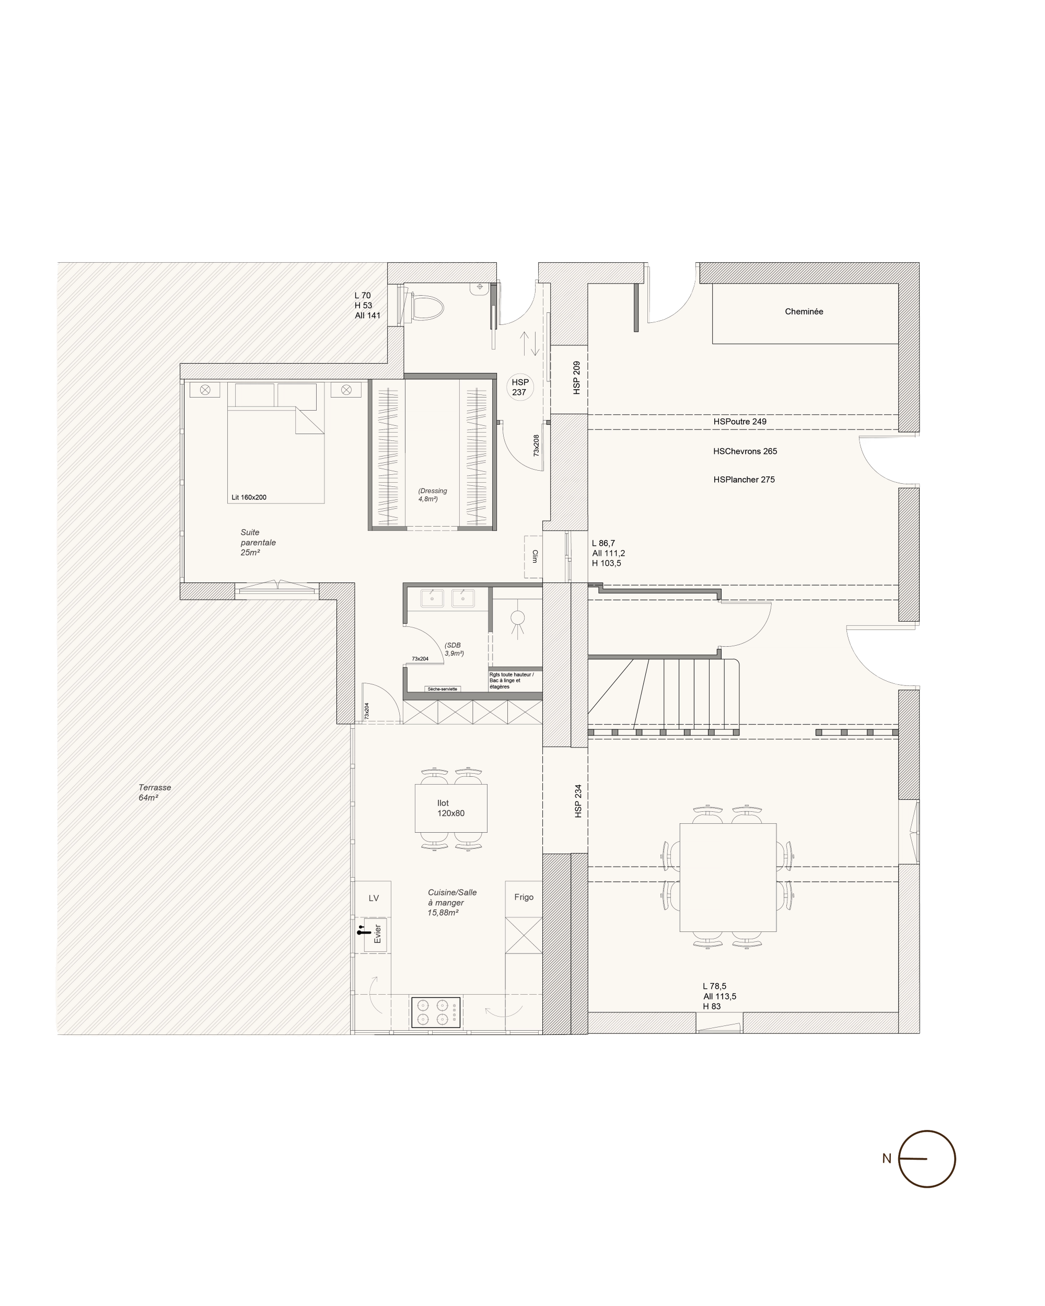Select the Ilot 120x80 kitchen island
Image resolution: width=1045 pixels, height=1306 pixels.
[451, 808]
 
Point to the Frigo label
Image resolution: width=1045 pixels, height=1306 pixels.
[524, 896]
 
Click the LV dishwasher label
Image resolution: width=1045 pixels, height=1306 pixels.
[374, 897]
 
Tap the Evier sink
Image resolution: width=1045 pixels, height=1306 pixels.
[375, 934]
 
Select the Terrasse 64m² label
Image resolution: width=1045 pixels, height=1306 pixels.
[155, 792]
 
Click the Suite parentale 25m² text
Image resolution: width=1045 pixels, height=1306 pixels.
[258, 542]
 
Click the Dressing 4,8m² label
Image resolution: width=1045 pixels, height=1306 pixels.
[433, 495]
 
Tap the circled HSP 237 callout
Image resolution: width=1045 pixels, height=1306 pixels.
[520, 387]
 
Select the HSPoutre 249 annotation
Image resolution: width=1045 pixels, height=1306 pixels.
[740, 421]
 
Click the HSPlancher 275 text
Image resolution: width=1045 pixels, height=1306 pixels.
[744, 479]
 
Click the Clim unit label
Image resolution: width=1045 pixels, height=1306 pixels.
[535, 556]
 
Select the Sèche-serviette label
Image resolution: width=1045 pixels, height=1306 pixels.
[442, 689]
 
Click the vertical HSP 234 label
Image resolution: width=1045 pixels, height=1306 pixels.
[578, 801]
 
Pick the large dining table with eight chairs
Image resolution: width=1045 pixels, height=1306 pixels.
[727, 877]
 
